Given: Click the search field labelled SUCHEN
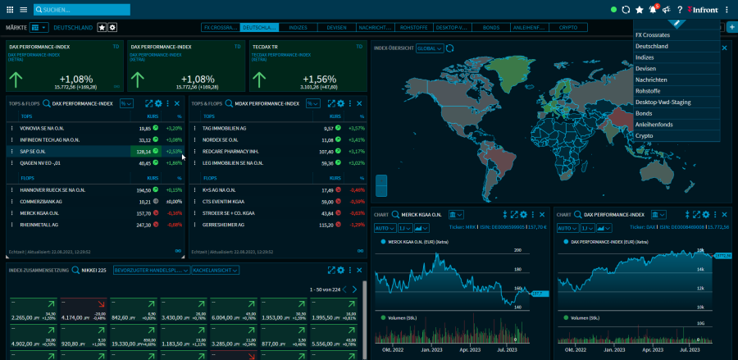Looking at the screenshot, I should coord(74,10).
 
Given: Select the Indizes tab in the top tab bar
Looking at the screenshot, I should coord(298,27).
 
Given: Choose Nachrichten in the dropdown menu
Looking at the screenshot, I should coord(651,80).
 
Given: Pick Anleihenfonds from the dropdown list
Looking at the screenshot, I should coord(656,125).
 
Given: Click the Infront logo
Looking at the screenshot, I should coord(704,10).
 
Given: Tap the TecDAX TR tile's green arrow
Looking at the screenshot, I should coord(263,79).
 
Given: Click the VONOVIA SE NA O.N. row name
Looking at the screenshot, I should coord(46,129).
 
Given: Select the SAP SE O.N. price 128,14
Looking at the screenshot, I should coord(143,152).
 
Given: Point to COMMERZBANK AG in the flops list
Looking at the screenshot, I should coord(41,201).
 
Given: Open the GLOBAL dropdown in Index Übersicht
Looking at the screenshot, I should coord(429,48).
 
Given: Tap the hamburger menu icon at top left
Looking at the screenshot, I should coord(23,10).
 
